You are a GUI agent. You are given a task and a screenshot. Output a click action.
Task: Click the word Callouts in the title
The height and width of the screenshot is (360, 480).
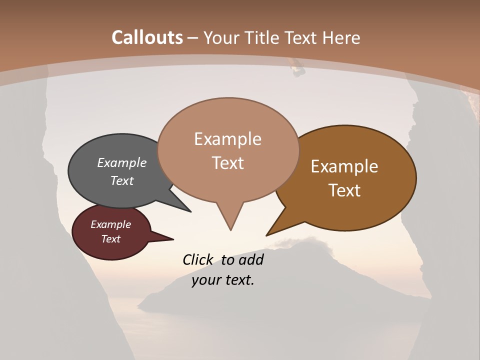147,37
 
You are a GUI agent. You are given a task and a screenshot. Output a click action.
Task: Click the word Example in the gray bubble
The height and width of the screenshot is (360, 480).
121,162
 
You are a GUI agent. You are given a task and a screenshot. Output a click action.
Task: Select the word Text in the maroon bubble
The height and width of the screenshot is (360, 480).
110,239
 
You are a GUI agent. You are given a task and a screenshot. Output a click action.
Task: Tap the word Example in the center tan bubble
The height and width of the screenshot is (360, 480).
227,139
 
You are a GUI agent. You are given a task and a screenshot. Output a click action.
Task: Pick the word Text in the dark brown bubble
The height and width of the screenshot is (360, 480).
345,190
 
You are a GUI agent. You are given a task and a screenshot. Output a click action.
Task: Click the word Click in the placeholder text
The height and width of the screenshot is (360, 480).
198,259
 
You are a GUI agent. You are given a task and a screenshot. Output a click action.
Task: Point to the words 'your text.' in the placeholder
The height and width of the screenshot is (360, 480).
223,280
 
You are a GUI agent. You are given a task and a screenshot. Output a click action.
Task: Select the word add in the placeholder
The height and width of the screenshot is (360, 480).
251,259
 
